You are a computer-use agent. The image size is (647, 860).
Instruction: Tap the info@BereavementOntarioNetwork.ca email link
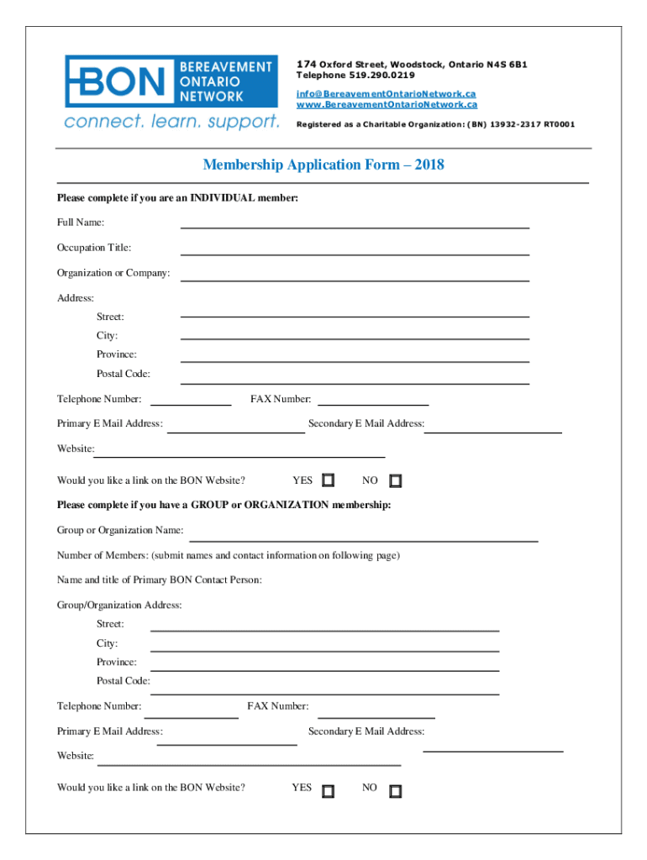click(x=386, y=93)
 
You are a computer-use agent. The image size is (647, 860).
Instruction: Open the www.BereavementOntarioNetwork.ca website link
click(x=387, y=105)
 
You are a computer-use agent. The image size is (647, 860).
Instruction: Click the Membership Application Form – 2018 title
click(x=323, y=165)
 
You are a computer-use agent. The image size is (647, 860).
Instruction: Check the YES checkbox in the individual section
click(x=329, y=480)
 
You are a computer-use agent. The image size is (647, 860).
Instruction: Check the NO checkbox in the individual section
click(x=396, y=481)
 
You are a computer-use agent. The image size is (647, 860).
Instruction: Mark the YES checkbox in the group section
click(x=329, y=791)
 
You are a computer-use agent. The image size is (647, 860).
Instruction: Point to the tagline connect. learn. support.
click(x=171, y=123)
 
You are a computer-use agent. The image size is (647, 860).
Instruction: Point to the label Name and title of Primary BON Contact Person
click(x=160, y=580)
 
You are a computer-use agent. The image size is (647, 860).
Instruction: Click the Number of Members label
click(x=103, y=556)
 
